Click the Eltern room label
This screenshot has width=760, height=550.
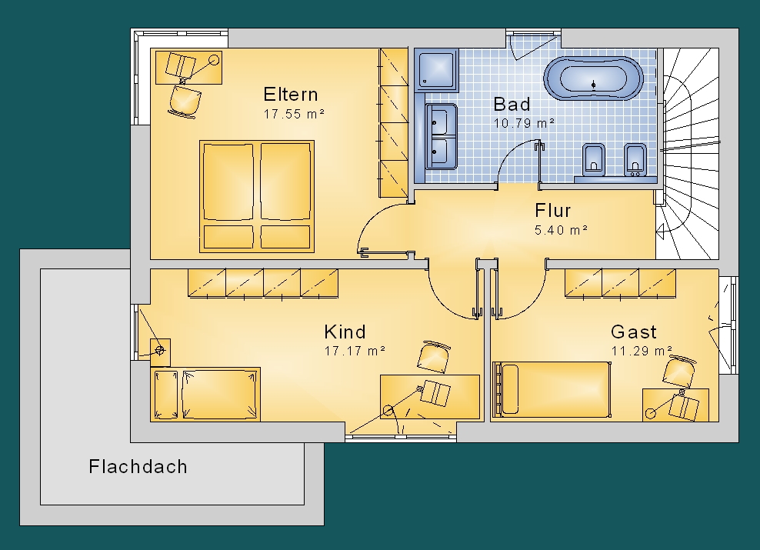point(290,94)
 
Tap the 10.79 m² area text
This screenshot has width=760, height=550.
point(524,123)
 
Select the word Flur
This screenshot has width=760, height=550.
point(552,210)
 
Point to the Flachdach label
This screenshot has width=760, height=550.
point(138,467)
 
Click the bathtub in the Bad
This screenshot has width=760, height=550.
point(593,78)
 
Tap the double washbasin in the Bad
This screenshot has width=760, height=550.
point(441,136)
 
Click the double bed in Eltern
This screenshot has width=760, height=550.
point(257,196)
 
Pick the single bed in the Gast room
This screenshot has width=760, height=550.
point(551,389)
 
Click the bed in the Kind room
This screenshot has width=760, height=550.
point(205,394)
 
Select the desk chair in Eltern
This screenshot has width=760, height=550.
point(185,102)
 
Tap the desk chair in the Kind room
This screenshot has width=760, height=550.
point(434,357)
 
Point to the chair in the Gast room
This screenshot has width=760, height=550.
point(679,371)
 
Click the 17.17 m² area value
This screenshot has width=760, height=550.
point(355,351)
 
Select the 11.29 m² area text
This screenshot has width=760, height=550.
point(642,351)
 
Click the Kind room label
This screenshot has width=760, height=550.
point(345,332)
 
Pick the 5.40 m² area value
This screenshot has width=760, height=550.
point(562,230)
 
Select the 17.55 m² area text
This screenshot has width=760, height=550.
point(294,114)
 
